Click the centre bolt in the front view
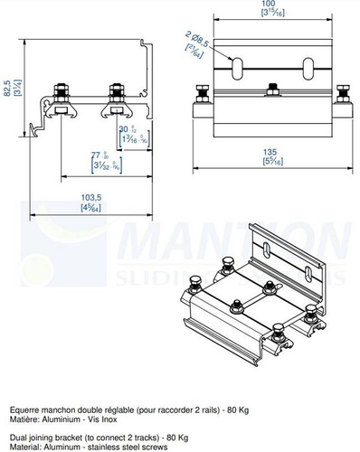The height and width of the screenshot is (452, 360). click(x=270, y=89)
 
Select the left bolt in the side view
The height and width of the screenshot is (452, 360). click(x=60, y=93)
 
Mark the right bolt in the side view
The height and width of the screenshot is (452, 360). click(x=115, y=93)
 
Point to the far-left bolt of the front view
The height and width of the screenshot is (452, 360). click(x=202, y=93)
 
